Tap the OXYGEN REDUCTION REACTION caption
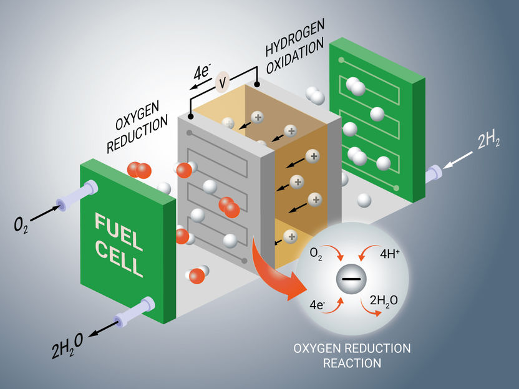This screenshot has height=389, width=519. coord(352,354)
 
